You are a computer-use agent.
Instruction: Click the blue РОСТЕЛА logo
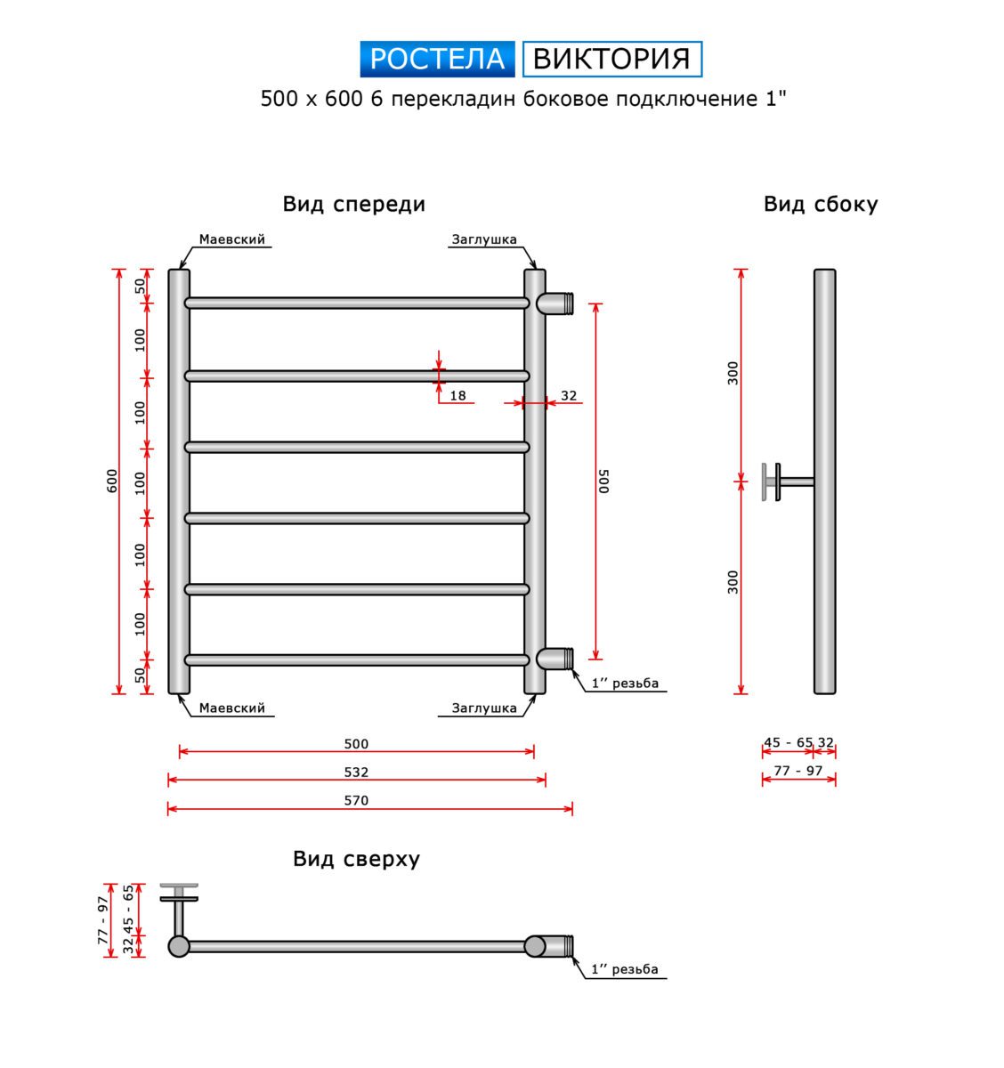[x=437, y=59]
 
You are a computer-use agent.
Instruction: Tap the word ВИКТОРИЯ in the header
[x=611, y=59]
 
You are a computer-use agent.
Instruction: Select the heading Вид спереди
[x=354, y=205]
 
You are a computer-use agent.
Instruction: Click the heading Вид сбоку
[x=821, y=205]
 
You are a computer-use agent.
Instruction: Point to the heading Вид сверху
[x=356, y=859]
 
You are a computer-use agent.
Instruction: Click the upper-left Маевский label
[x=232, y=239]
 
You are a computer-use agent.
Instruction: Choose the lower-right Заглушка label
[x=484, y=708]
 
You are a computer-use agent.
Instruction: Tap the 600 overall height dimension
[x=112, y=481]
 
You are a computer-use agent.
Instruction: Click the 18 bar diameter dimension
[x=457, y=396]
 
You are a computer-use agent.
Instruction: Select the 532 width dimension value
[x=356, y=773]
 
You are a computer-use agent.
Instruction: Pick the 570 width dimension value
[x=356, y=801]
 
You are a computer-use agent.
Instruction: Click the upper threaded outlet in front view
[x=555, y=303]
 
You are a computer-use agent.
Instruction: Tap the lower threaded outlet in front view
[x=555, y=659]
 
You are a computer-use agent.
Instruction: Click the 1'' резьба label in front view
[x=625, y=684]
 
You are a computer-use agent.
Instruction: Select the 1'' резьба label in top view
[x=625, y=969]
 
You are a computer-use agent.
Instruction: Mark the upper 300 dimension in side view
[x=733, y=373]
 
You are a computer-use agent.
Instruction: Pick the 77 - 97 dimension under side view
[x=798, y=771]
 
